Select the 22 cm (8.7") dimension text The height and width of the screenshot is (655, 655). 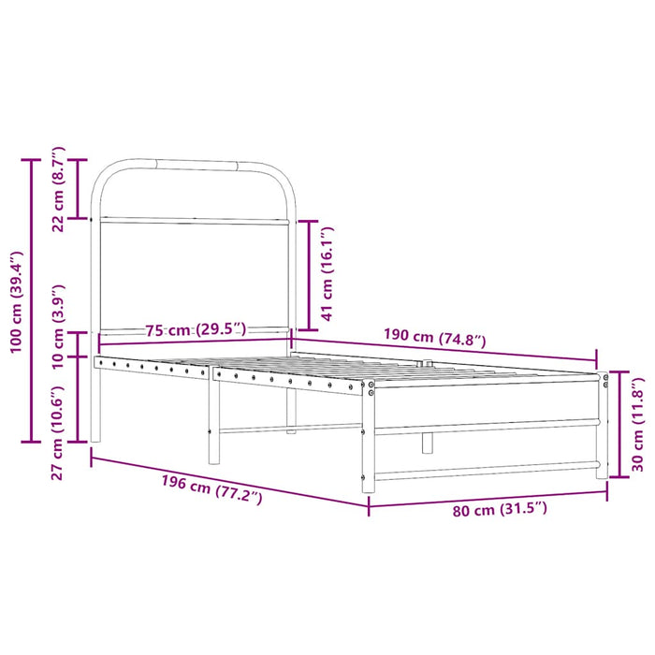(x=58, y=189)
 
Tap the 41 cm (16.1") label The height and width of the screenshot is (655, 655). (x=327, y=273)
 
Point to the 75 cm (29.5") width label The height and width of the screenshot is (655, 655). (x=196, y=329)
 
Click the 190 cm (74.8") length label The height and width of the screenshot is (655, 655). (x=435, y=338)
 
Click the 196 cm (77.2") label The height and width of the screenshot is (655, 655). (x=211, y=486)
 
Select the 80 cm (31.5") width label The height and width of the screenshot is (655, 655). (x=499, y=510)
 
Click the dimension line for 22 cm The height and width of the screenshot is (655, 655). (x=80, y=189)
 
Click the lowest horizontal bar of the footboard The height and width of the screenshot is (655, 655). (x=487, y=468)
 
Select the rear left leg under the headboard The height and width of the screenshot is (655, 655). (x=95, y=402)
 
